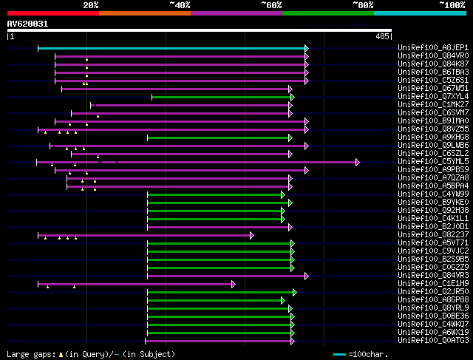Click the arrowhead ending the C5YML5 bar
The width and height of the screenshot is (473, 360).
pos(358,162)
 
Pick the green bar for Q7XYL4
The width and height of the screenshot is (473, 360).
pos(222,97)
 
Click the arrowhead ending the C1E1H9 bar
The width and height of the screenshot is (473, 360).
pos(234,284)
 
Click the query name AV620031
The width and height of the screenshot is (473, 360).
pos(28,24)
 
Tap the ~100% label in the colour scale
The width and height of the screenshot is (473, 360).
pos(452,4)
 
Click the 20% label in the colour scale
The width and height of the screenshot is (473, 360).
pos(91,4)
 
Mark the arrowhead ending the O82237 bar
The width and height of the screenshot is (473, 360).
pos(251,235)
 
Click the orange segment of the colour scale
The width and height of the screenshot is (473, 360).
pos(144,13)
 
